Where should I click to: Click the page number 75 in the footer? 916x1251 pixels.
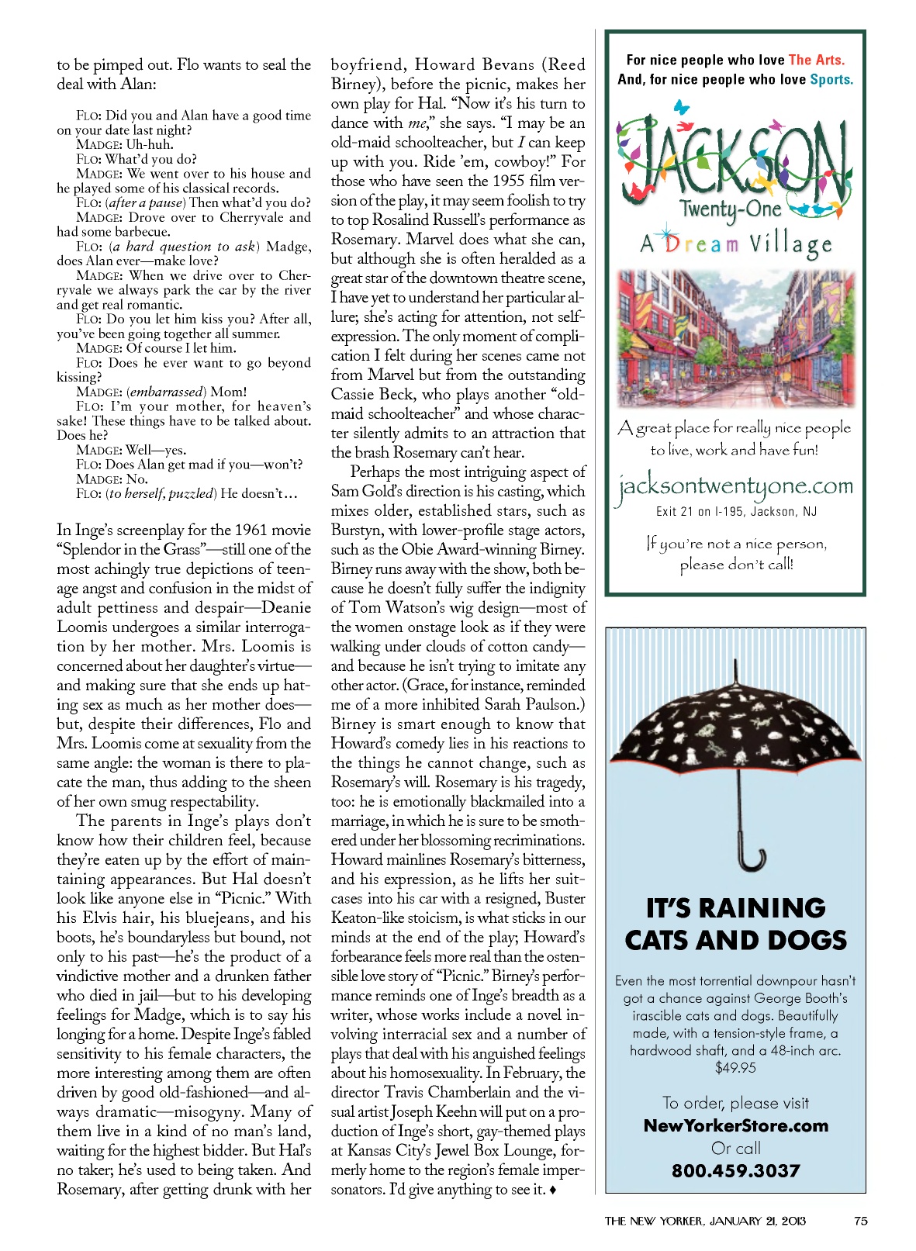tap(860, 1221)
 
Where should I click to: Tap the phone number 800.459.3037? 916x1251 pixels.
tap(735, 1170)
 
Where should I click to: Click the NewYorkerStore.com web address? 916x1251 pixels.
tap(735, 1125)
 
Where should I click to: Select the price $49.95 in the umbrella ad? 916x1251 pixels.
tap(735, 1068)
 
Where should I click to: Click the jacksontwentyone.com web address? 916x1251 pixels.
tap(735, 486)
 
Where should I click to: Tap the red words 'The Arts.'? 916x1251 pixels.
tap(817, 60)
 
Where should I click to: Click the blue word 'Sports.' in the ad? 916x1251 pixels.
tap(831, 79)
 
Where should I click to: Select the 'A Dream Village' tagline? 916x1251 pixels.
tap(735, 244)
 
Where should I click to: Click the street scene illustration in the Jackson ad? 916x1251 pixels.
tap(735, 338)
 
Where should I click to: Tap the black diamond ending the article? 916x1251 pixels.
tap(552, 1190)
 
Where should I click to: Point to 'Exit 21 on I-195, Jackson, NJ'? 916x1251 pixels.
tap(735, 511)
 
